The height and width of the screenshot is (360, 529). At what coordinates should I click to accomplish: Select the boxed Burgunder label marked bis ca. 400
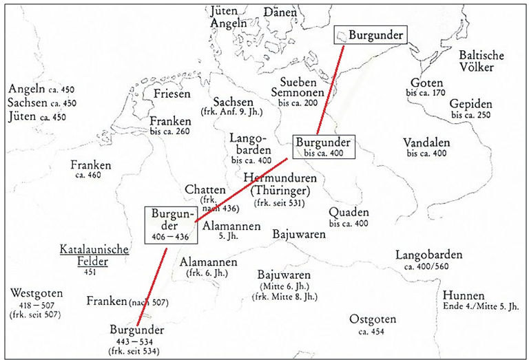[x=323, y=146]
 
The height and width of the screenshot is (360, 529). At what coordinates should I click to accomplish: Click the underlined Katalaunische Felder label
[x=93, y=255]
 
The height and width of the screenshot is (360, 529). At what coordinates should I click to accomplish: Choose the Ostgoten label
[x=372, y=319]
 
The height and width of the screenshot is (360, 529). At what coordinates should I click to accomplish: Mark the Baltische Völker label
[x=481, y=61]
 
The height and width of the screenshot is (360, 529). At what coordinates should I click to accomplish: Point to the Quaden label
[x=349, y=212]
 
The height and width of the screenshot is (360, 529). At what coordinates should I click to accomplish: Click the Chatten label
[x=205, y=189]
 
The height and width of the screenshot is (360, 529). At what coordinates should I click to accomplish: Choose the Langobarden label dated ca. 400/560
[x=428, y=255]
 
